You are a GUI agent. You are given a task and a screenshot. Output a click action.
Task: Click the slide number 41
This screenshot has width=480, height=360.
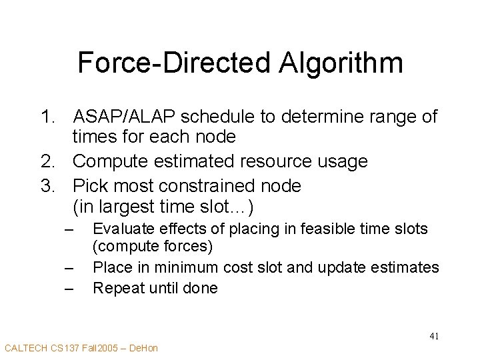point(433,335)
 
